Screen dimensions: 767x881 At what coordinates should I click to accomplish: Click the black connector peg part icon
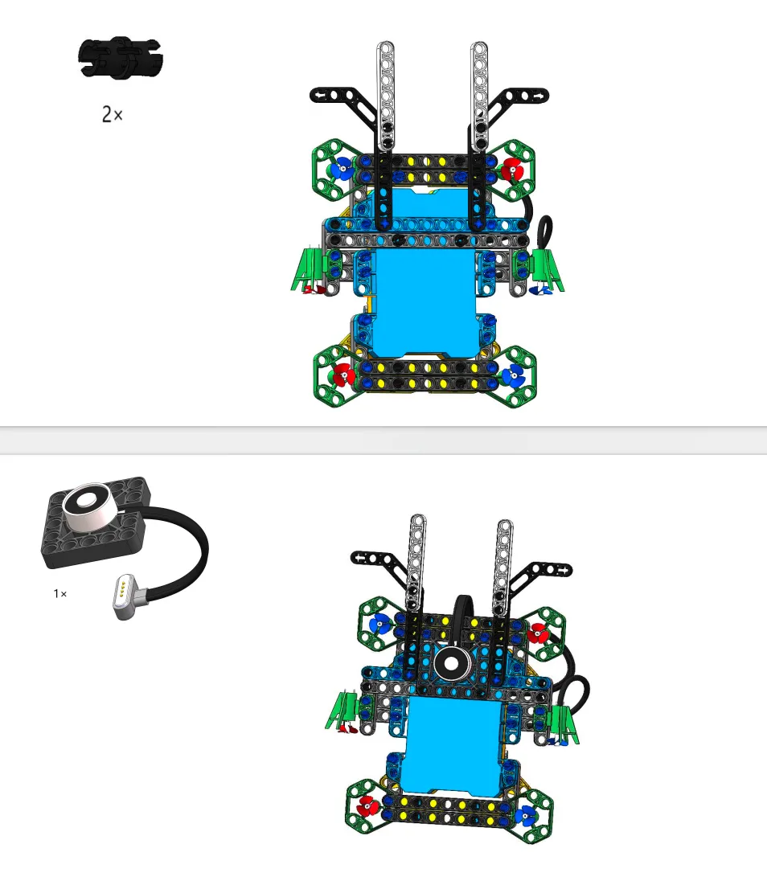pyautogui.click(x=121, y=57)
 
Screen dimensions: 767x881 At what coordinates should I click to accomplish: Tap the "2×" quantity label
pyautogui.click(x=112, y=114)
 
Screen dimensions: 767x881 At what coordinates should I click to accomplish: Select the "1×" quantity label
pyautogui.click(x=60, y=593)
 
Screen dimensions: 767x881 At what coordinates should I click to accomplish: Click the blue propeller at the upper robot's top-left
pyautogui.click(x=342, y=168)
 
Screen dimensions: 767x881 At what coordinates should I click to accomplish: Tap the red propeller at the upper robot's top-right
pyautogui.click(x=512, y=169)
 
